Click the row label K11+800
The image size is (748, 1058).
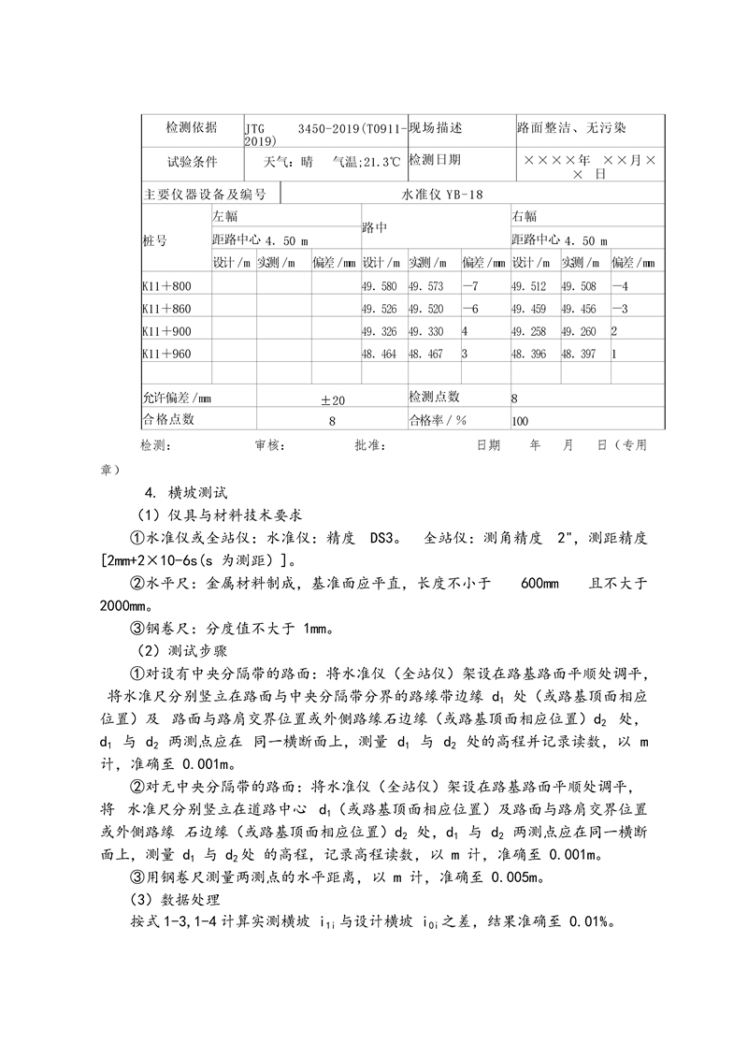pos(166,285)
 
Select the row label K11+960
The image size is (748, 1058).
pos(166,354)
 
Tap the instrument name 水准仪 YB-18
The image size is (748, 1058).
pos(442,195)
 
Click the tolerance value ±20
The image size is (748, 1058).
pos(333,400)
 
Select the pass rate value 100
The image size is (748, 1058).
pos(520,421)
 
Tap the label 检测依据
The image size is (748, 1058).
pos(192,127)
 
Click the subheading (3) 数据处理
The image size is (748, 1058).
pos(178,899)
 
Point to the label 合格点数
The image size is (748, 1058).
pos(168,420)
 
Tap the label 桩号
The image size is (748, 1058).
pos(155,240)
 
